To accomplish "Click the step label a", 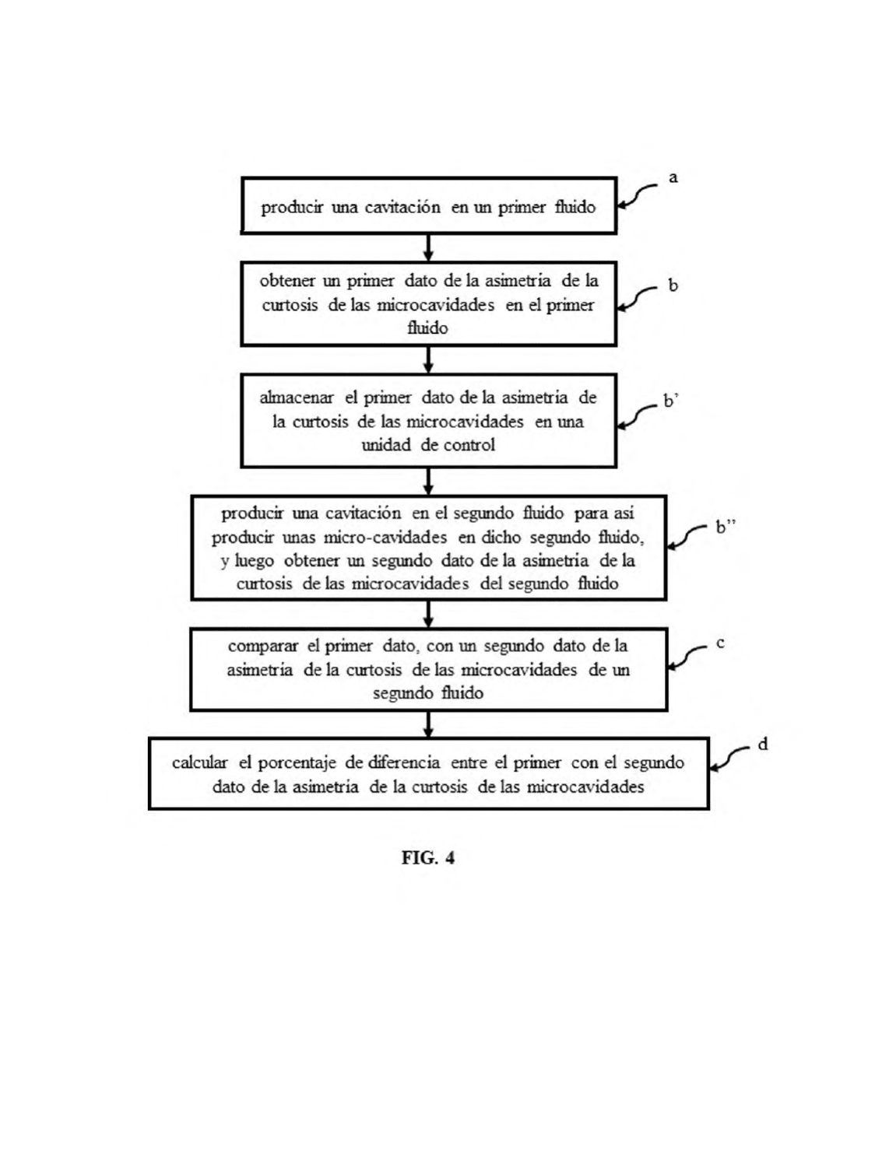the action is tap(673, 177).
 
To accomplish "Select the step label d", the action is tap(763, 745).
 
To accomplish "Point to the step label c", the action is tap(720, 643).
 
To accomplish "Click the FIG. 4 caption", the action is tap(427, 857).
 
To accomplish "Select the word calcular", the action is tap(200, 762).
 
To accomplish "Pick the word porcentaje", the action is tap(297, 763).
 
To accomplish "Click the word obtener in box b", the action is tap(287, 280).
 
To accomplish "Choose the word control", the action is tap(469, 444).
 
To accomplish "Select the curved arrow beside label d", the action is tap(729, 758).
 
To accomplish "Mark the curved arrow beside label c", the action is tap(686, 657).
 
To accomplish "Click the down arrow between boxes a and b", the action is tap(428, 247).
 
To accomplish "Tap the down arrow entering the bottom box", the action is tap(428, 724).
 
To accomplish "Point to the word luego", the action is tap(255, 561).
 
